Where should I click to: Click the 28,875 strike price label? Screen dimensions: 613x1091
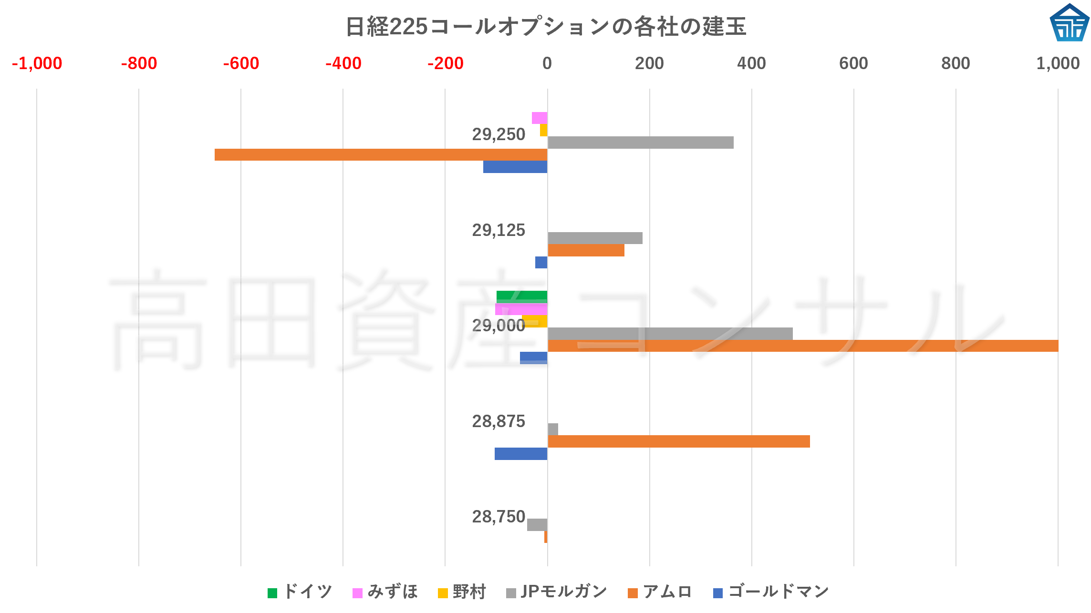tap(499, 421)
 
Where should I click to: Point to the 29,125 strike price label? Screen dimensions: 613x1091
tap(499, 230)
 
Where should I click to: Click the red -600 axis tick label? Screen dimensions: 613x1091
tap(241, 63)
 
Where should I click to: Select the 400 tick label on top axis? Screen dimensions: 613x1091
tap(751, 63)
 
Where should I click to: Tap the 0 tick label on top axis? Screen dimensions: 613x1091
tap(547, 63)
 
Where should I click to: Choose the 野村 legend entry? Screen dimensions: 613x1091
tap(462, 592)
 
